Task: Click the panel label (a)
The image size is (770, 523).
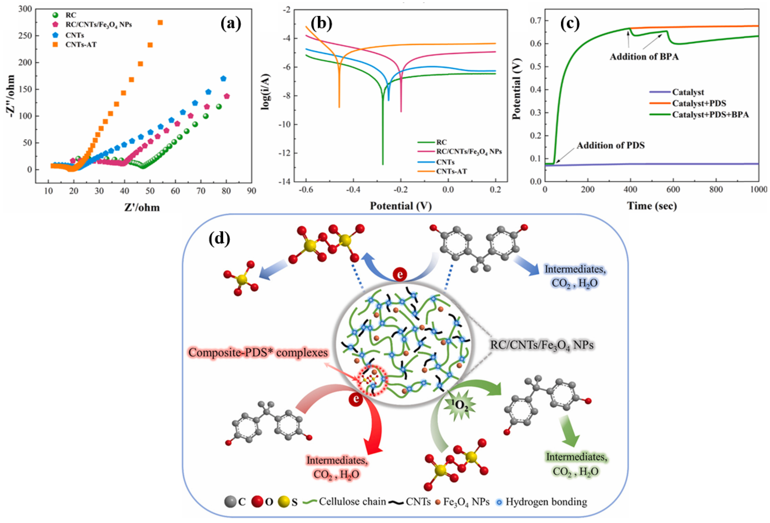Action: click(x=231, y=24)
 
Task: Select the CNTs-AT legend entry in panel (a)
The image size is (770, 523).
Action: click(x=81, y=44)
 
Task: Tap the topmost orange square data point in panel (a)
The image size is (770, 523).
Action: click(x=160, y=22)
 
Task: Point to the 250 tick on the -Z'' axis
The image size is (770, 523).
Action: click(x=25, y=36)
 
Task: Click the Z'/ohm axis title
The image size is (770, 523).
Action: click(x=142, y=208)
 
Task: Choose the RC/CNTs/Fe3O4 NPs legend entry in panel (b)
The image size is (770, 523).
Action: click(x=469, y=152)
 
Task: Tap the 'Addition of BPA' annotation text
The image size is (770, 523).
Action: click(x=644, y=57)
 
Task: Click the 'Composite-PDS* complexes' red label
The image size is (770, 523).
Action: click(x=258, y=352)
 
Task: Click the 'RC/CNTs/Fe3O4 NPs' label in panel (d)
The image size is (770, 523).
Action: click(x=541, y=345)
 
